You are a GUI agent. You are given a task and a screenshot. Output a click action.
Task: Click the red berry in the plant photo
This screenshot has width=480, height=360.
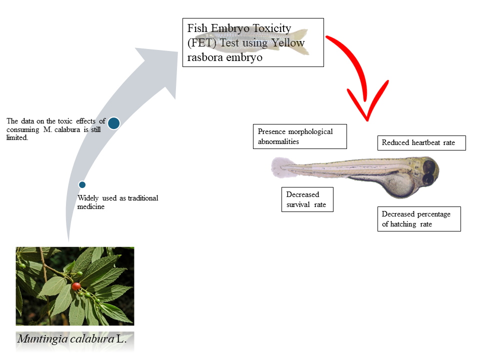coord(76,286)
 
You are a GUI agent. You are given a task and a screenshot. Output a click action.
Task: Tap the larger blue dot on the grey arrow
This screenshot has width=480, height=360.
coord(113,123)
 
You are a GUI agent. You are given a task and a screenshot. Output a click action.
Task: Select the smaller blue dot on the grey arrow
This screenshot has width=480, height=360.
coord(82,184)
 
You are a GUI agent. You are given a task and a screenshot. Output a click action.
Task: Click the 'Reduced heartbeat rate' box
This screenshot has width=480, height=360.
coord(421,142)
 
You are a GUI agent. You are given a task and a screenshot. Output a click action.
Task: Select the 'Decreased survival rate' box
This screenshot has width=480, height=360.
coord(307,199)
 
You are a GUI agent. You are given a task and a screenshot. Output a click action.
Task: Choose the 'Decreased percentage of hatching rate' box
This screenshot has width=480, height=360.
coord(418,219)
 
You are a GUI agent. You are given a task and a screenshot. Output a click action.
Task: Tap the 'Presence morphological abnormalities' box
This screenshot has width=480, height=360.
coord(300,136)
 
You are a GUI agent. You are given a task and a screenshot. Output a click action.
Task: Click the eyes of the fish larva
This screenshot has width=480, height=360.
coord(429,172)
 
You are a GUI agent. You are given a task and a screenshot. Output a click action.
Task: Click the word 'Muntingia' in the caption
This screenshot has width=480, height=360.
coord(39,338)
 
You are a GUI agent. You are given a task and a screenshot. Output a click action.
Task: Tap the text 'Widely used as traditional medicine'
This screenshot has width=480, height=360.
coord(117,202)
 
